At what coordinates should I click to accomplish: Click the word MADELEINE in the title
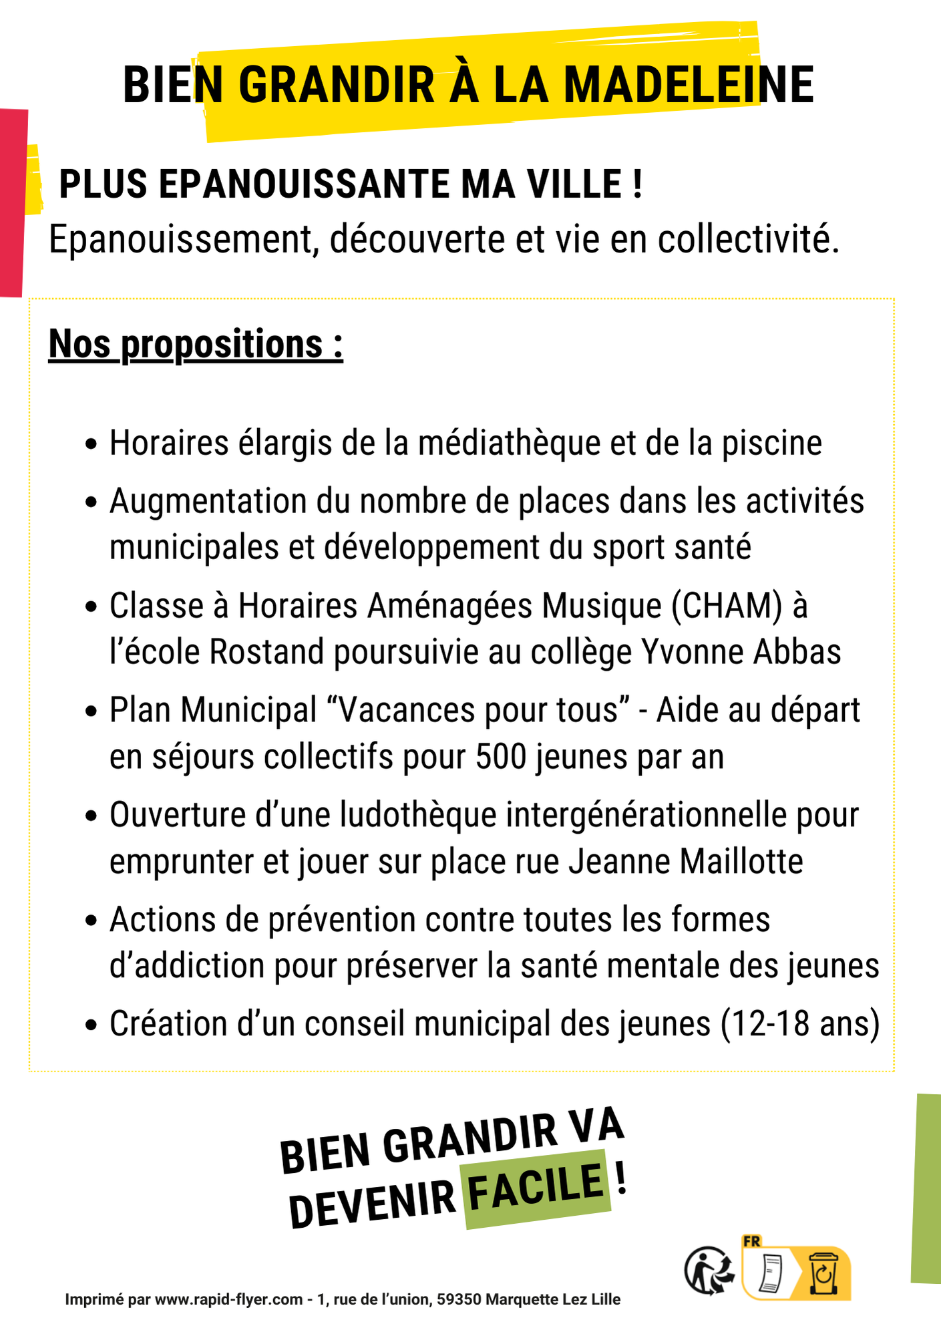click(689, 86)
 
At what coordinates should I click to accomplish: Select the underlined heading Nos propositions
click(196, 345)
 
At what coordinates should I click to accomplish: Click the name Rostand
click(266, 652)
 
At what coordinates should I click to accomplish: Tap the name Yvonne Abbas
click(741, 652)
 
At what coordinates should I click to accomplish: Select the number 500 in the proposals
click(501, 757)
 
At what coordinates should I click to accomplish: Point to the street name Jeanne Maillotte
click(686, 862)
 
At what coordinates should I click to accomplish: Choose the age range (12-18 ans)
click(800, 1024)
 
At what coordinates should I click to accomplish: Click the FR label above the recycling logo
click(752, 1241)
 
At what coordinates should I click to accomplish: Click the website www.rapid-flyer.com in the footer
click(228, 1300)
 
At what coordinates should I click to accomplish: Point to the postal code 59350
click(459, 1300)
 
